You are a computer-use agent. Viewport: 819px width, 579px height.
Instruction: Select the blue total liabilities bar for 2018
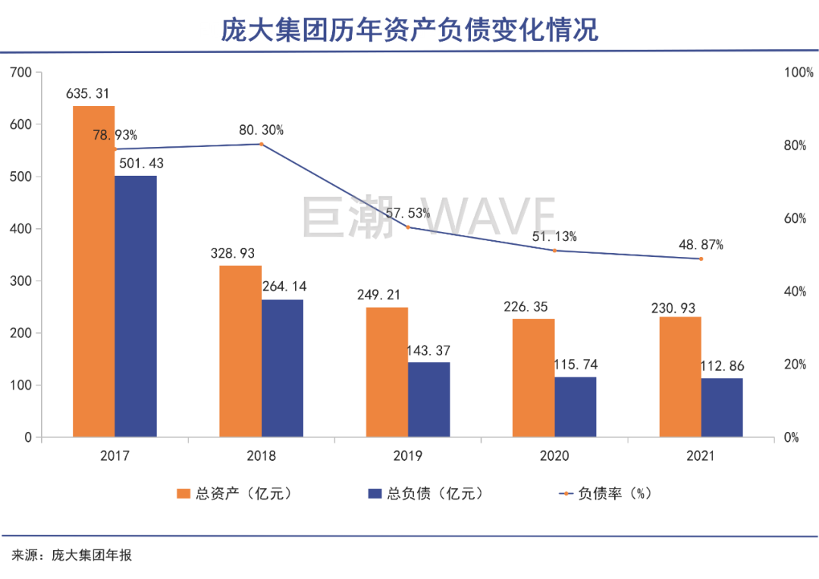(282, 368)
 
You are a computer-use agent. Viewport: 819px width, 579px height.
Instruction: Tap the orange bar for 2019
(387, 372)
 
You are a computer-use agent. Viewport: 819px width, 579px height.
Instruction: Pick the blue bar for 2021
(722, 408)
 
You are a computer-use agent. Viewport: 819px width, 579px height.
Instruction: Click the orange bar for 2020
(533, 378)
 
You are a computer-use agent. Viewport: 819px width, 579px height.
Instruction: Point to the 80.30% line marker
(262, 144)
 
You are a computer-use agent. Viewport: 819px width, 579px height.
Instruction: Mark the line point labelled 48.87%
(701, 259)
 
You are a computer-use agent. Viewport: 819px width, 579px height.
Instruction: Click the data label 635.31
(88, 94)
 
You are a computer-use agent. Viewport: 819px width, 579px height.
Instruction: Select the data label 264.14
(284, 287)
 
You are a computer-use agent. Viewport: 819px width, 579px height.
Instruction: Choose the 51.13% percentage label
(554, 236)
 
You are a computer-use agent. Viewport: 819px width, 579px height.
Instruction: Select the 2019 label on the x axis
(408, 456)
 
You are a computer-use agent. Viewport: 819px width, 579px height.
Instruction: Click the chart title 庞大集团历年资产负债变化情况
(409, 30)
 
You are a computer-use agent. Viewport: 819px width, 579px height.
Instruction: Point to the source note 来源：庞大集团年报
(72, 556)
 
